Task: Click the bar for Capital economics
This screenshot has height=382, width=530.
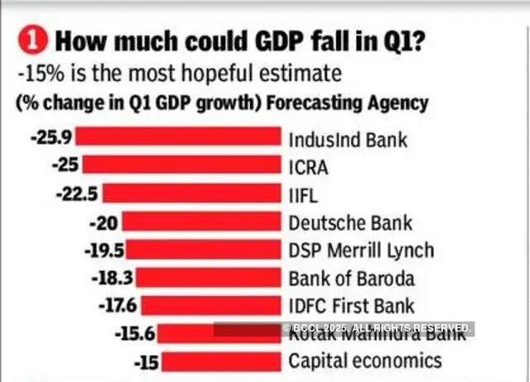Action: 219,361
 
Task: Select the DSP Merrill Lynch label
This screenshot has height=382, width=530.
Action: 360,251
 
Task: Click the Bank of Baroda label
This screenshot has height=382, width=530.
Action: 351,278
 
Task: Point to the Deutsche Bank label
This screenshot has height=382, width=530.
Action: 349,222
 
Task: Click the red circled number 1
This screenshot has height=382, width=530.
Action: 31,39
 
